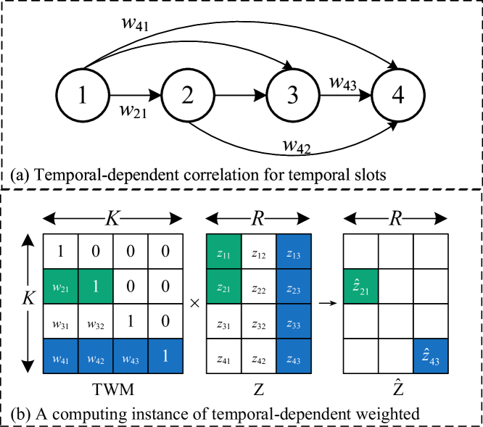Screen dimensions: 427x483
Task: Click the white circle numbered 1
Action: click(x=83, y=95)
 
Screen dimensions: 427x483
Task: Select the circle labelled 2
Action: click(x=188, y=95)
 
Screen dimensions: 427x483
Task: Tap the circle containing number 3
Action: click(x=293, y=95)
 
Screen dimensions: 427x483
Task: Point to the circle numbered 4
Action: click(x=398, y=95)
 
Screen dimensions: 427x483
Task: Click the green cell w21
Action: click(x=61, y=286)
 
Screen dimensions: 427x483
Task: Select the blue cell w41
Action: click(x=61, y=356)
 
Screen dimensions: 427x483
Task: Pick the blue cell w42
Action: click(x=96, y=356)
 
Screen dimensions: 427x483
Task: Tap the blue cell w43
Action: click(x=131, y=356)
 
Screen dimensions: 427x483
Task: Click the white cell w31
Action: click(x=61, y=321)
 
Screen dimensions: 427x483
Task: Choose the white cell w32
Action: click(x=96, y=321)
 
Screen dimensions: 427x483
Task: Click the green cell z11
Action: click(x=224, y=252)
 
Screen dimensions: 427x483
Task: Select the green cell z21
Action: click(x=224, y=286)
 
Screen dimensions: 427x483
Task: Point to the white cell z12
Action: click(x=259, y=252)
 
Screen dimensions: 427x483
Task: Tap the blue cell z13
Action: click(x=294, y=252)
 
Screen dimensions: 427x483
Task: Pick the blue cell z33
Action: click(x=294, y=321)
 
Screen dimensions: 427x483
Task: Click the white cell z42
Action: click(x=259, y=356)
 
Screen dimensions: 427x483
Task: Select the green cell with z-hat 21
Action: click(x=361, y=286)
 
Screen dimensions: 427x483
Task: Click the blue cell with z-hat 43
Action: click(x=431, y=356)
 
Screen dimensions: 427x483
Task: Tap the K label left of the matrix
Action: click(x=28, y=298)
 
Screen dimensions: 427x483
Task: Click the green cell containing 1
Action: click(x=96, y=286)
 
